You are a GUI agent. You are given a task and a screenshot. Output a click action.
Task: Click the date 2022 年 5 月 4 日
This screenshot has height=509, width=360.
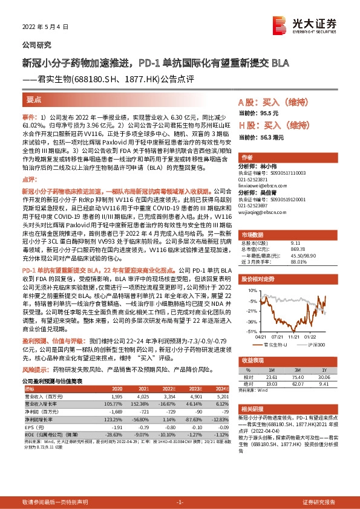[41, 27]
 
